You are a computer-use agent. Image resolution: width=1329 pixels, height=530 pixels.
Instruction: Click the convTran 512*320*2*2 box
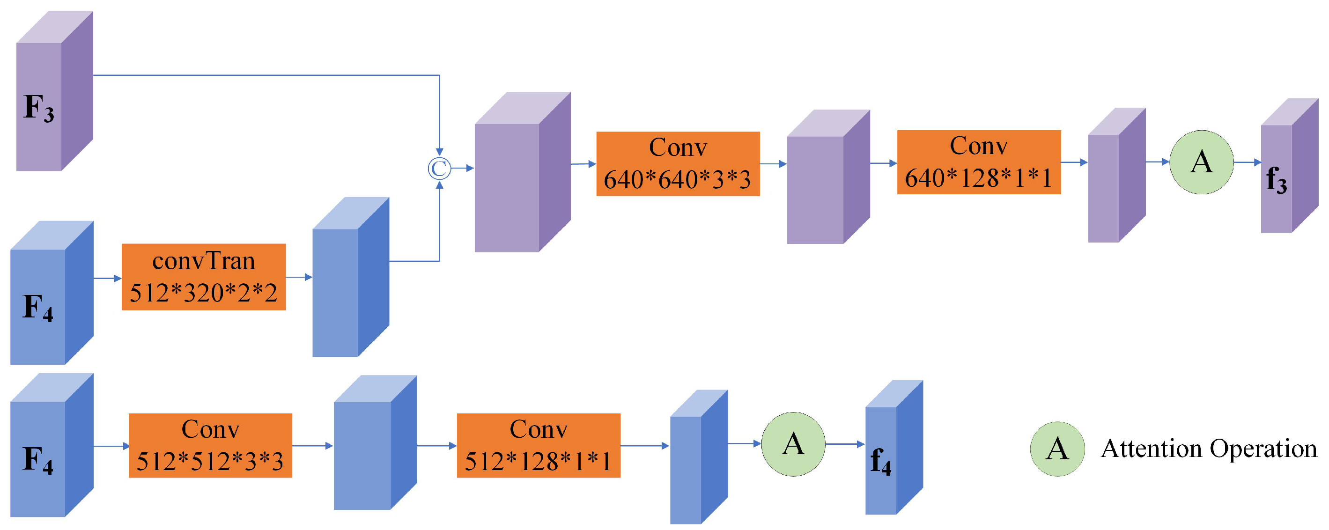pyautogui.click(x=203, y=277)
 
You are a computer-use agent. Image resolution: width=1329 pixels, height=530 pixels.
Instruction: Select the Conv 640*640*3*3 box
pyautogui.click(x=678, y=163)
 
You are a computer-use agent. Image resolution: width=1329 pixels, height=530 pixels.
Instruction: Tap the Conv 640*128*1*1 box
pyautogui.click(x=978, y=162)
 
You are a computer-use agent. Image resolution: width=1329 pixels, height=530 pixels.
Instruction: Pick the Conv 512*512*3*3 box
pyautogui.click(x=210, y=445)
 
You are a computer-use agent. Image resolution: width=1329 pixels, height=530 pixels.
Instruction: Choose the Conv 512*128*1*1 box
pyautogui.click(x=538, y=445)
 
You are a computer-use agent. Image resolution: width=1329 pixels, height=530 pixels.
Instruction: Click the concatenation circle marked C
pyautogui.click(x=439, y=168)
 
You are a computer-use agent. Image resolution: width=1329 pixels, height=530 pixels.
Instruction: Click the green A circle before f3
pyautogui.click(x=1201, y=162)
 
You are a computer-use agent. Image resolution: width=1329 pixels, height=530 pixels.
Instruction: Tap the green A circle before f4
pyautogui.click(x=793, y=443)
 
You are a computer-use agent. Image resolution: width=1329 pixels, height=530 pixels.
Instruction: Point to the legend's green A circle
pyautogui.click(x=1056, y=449)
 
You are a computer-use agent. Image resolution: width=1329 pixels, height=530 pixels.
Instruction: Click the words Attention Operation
pyautogui.click(x=1209, y=449)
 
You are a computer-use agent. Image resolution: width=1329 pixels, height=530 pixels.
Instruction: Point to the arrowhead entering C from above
pyautogui.click(x=439, y=151)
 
